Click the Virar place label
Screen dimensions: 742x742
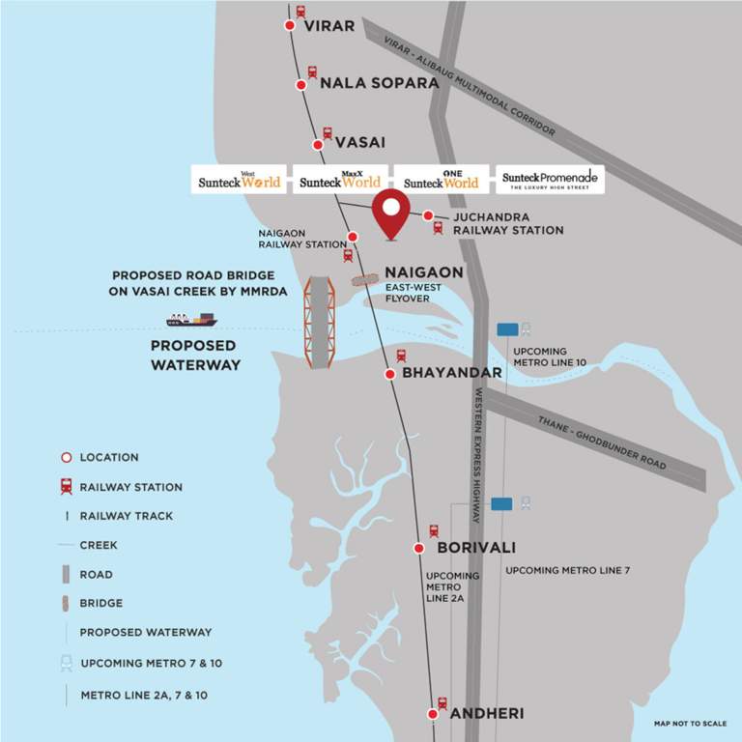point(329,26)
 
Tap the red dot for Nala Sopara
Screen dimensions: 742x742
point(301,86)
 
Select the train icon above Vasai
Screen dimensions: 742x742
point(328,133)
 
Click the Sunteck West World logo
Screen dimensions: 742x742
point(240,180)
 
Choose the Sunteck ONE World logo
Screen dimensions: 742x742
point(441,180)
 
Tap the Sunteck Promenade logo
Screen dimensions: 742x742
point(550,180)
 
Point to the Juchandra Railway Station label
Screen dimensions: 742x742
point(508,223)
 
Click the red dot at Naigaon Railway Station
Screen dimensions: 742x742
point(353,237)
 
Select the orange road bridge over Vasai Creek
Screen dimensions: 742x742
point(318,323)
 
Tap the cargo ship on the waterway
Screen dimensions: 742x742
point(191,319)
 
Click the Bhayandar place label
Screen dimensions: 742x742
point(452,373)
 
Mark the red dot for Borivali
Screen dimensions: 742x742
point(419,548)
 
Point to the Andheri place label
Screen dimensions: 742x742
point(487,714)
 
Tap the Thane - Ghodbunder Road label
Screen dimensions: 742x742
point(601,443)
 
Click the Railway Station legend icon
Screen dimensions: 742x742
point(67,487)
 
